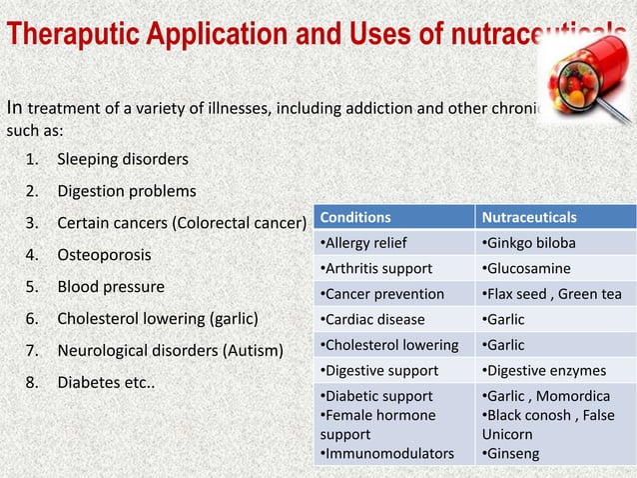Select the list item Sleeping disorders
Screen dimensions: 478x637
point(122,159)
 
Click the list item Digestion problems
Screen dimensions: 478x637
point(126,191)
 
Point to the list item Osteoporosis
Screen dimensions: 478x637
point(104,255)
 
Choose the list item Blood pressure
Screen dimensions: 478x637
point(110,287)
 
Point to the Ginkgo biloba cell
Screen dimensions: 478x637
point(528,243)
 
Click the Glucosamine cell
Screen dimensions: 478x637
point(526,269)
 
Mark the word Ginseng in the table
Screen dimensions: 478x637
point(515,454)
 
